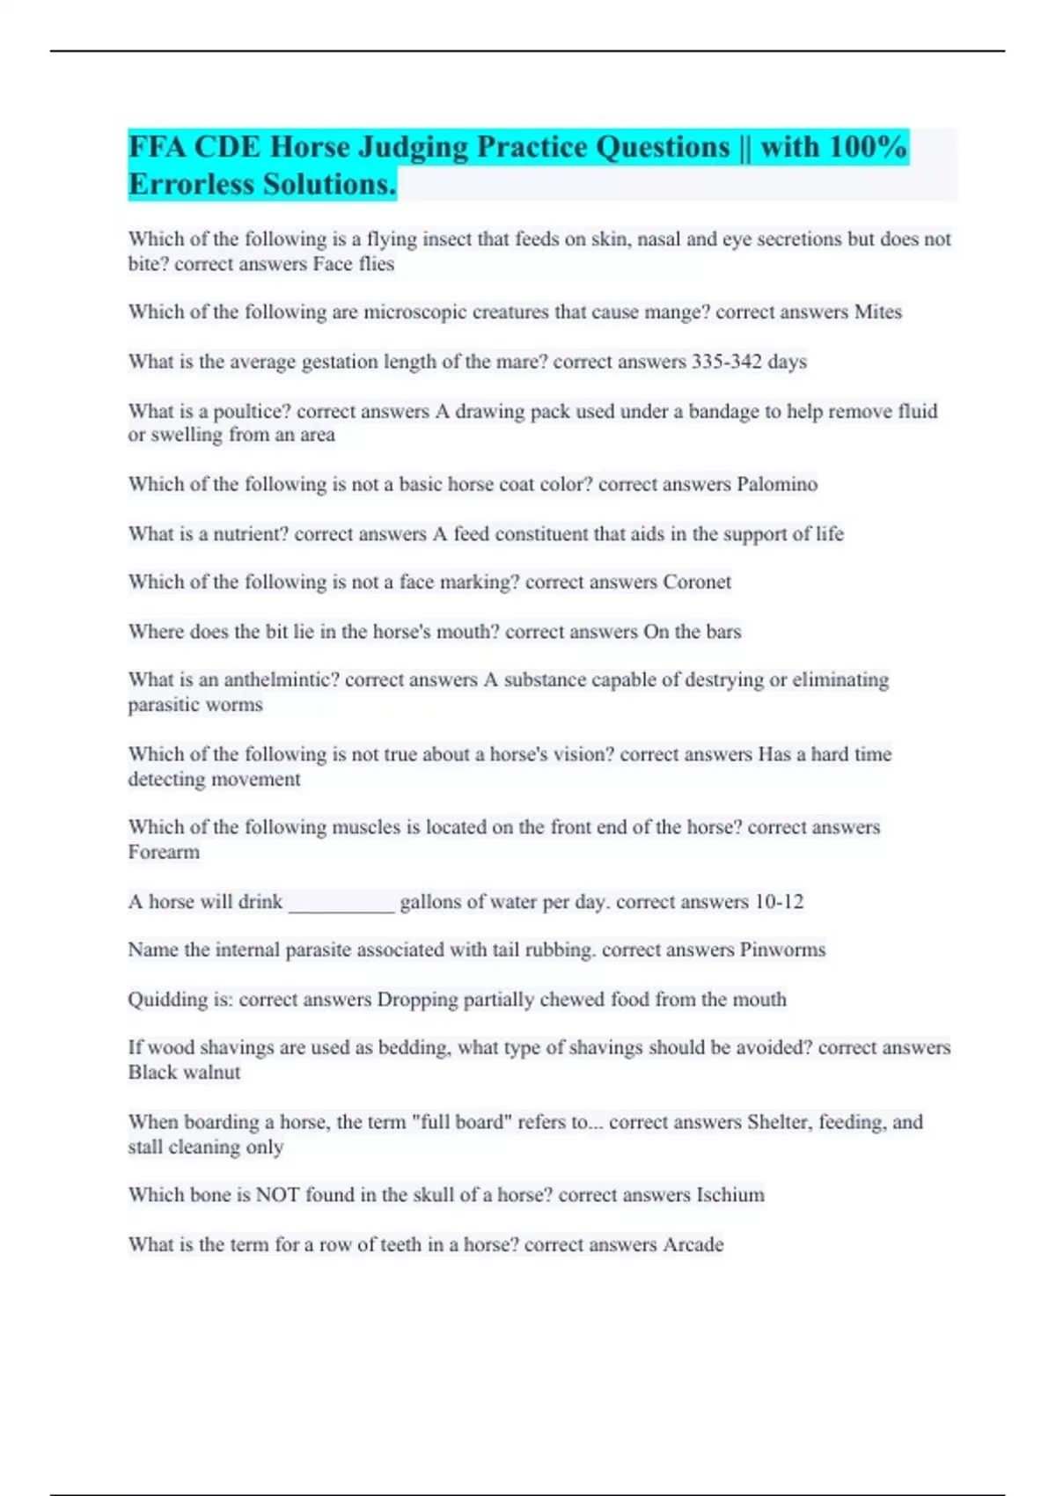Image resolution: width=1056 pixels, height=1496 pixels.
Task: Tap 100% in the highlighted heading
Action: (867, 147)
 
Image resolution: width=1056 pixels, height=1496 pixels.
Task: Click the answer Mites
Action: (877, 312)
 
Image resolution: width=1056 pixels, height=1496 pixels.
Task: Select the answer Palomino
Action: (777, 485)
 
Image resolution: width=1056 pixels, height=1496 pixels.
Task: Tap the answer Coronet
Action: (697, 583)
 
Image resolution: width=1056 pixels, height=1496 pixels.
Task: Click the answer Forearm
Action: (164, 853)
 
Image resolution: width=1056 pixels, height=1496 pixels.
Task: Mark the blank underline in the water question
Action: (341, 904)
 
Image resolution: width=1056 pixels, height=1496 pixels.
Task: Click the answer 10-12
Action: (779, 902)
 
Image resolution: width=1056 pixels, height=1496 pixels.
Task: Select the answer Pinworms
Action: (782, 950)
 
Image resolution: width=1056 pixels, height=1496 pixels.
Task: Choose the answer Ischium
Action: (730, 1195)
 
